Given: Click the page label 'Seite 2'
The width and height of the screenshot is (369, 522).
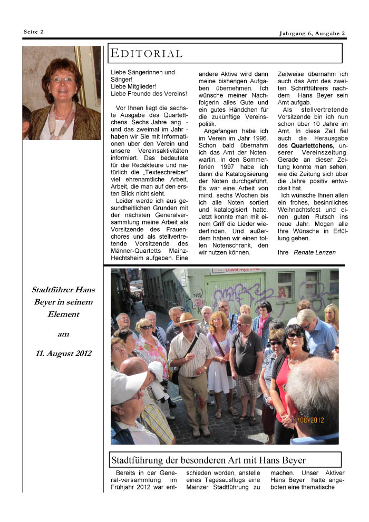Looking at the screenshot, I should pyautogui.click(x=33, y=32).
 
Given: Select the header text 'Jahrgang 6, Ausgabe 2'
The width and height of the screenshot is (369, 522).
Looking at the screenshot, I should pyautogui.click(x=312, y=34).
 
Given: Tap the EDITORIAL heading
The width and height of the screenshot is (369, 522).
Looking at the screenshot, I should pyautogui.click(x=146, y=54).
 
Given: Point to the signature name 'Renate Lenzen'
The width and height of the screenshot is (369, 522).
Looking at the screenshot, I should pyautogui.click(x=314, y=252).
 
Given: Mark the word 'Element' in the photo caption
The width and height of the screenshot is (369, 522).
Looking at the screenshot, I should pyautogui.click(x=62, y=314).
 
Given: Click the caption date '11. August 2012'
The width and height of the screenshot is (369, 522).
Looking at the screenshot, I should pyautogui.click(x=62, y=353).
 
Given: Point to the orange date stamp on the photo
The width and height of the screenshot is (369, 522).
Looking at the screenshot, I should pyautogui.click(x=307, y=420).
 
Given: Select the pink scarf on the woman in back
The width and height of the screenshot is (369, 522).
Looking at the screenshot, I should pyautogui.click(x=262, y=324).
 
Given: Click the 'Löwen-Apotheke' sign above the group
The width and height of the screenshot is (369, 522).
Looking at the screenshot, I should pyautogui.click(x=236, y=271).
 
